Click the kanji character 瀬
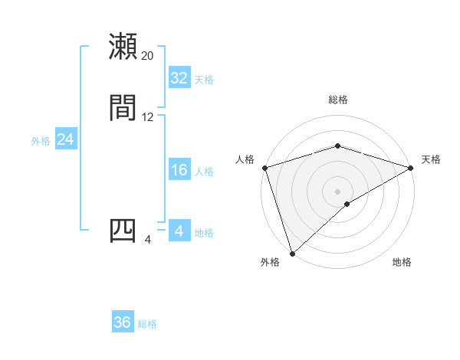point(123,47)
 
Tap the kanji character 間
point(123,108)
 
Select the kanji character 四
point(123,231)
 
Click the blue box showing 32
point(179,78)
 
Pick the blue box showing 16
point(179,170)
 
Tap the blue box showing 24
point(66,139)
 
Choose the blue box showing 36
point(123,323)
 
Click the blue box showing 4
point(179,231)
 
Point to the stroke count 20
point(148,56)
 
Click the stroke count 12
point(148,117)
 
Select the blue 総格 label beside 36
point(147,324)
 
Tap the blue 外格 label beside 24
point(41,140)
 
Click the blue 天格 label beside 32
point(204,80)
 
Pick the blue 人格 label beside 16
point(204,172)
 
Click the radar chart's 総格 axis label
point(338,100)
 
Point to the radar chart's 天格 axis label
point(431,159)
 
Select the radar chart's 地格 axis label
point(402,263)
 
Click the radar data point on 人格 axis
point(264,167)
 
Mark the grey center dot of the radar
point(338,191)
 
